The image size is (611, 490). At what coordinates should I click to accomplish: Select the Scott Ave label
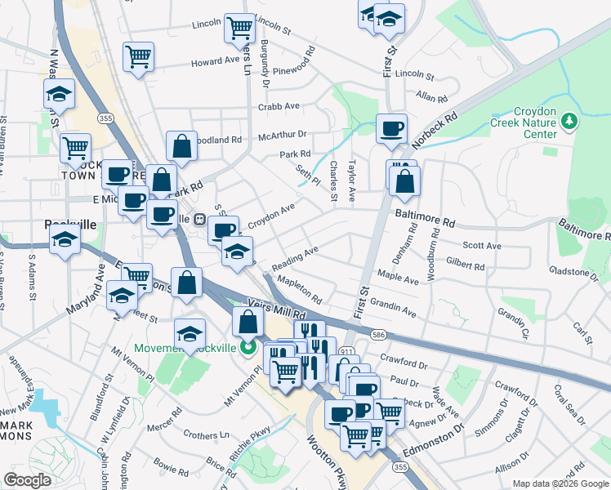coord(481,245)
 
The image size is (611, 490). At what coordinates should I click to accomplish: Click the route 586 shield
coord(377,334)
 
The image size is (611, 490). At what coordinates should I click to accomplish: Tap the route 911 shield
coord(347,352)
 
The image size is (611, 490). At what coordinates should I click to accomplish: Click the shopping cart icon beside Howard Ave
coord(138,56)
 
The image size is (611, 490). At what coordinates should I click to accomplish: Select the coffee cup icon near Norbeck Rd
coord(391,128)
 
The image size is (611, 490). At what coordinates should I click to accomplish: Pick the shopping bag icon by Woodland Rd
coord(181,147)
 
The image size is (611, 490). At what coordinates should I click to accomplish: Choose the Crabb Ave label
coord(279,106)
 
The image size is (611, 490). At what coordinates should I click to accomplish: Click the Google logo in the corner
coord(27,479)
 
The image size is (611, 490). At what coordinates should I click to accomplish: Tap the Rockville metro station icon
coord(198,219)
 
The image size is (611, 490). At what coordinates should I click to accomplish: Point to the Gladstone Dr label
coord(576,270)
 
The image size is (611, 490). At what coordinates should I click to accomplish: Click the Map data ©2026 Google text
coord(560,483)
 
